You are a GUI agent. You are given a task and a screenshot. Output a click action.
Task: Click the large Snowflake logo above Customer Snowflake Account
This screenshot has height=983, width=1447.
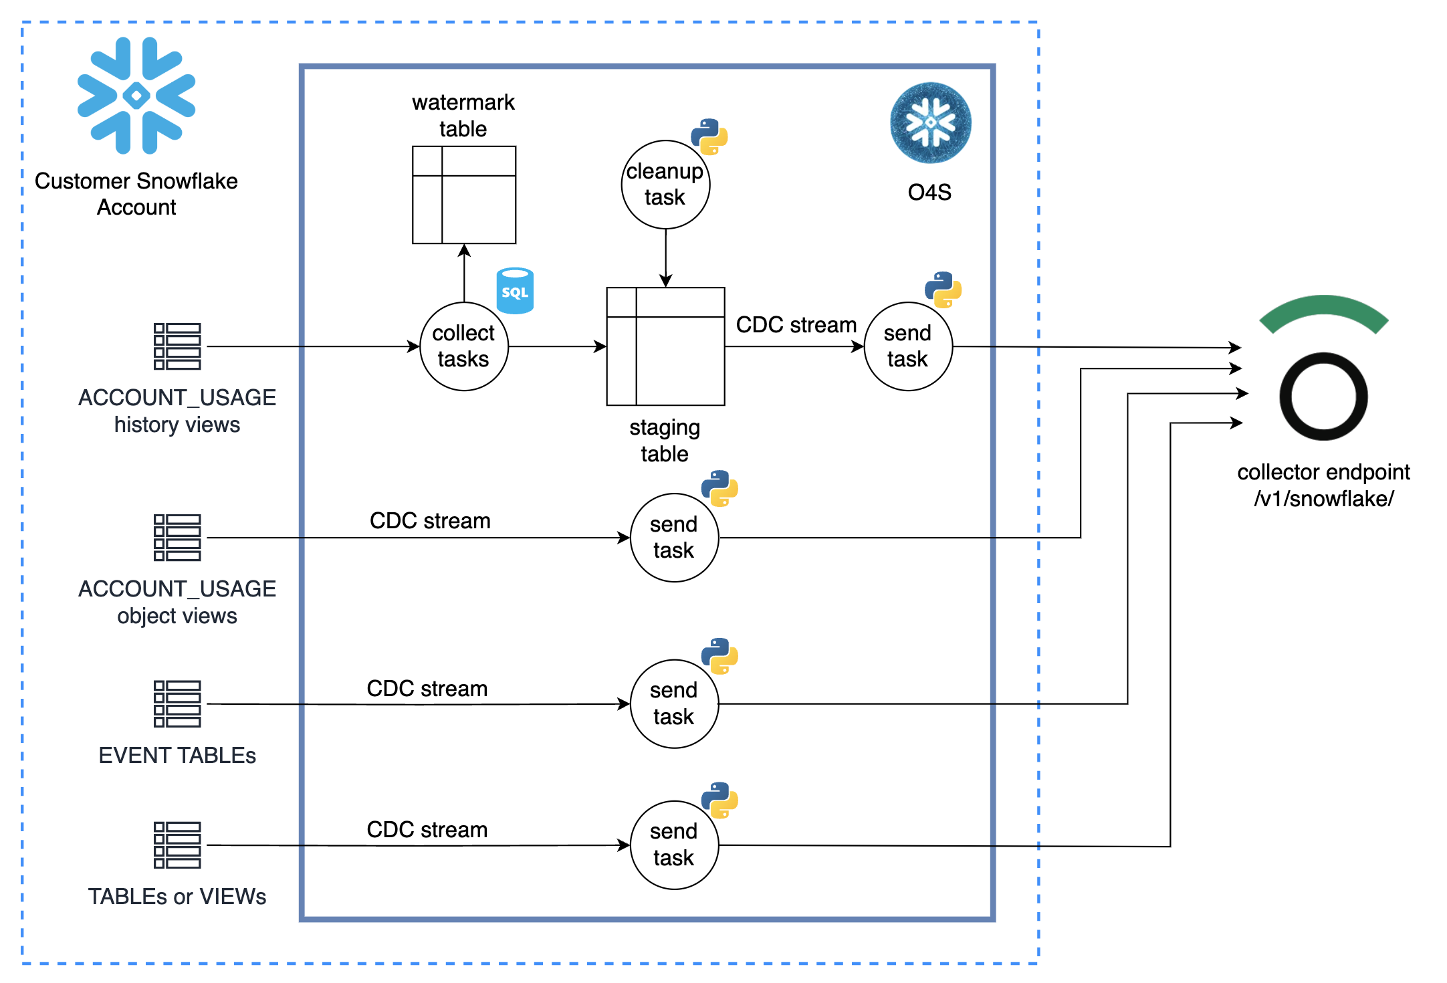click(x=136, y=96)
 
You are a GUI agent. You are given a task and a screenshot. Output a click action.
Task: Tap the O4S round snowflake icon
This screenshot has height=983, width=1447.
click(x=930, y=123)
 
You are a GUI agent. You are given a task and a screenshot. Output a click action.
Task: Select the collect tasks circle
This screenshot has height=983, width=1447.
click(x=464, y=346)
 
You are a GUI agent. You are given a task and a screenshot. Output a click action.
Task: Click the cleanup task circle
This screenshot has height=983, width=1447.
click(x=665, y=185)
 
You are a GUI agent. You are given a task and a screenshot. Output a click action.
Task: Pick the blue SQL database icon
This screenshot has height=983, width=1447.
click(x=515, y=291)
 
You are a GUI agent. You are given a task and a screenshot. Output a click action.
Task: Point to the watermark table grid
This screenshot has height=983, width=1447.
click(x=464, y=195)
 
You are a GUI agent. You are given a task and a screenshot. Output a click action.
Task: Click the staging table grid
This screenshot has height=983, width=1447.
click(x=665, y=346)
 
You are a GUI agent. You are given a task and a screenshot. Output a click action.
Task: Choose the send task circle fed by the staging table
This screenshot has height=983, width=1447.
click(x=908, y=346)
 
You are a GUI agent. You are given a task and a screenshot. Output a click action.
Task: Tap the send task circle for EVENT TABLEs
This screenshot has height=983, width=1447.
click(x=674, y=703)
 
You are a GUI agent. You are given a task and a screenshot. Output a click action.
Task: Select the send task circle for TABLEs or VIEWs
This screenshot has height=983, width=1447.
click(x=674, y=845)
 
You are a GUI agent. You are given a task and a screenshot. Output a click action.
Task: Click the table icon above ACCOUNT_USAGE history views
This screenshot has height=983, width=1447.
click(x=177, y=346)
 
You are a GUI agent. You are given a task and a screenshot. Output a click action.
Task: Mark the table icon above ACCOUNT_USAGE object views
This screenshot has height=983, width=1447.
click(x=177, y=538)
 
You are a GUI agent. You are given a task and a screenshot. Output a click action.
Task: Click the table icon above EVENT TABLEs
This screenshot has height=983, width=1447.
click(x=177, y=703)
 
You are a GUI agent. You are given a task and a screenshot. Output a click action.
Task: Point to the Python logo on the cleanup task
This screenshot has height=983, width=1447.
click(x=709, y=137)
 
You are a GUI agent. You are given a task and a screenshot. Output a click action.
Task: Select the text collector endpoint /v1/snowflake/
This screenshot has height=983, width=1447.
click(x=1323, y=485)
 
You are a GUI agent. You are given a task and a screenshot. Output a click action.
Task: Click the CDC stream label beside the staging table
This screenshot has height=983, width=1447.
click(x=796, y=325)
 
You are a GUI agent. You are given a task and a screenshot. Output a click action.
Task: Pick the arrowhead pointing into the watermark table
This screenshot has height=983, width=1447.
click(x=464, y=250)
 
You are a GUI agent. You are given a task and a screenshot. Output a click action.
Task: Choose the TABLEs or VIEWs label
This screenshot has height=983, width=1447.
click(x=177, y=896)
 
